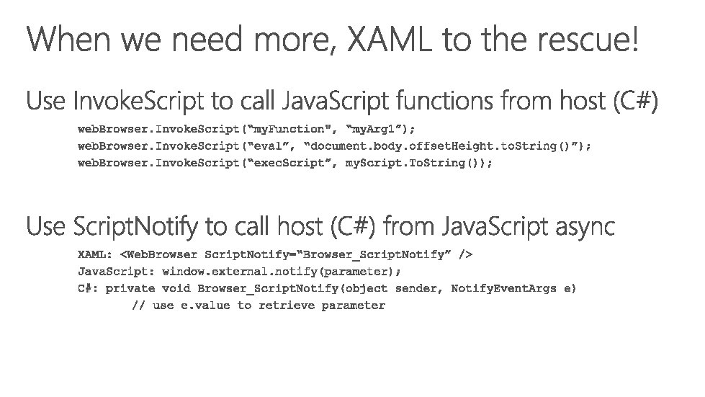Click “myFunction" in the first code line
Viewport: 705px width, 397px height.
click(x=295, y=129)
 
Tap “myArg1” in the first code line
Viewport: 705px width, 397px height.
click(x=375, y=129)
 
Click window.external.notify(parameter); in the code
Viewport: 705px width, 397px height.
click(x=282, y=271)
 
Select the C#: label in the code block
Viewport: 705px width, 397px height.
click(x=87, y=288)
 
